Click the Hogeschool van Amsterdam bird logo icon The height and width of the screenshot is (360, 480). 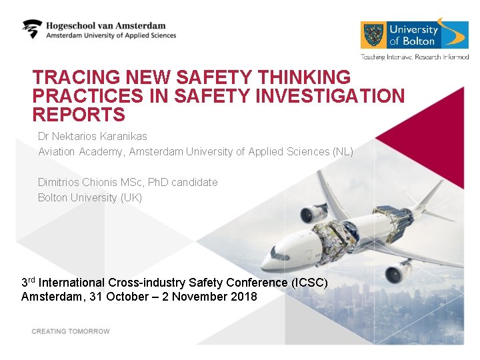click(x=32, y=29)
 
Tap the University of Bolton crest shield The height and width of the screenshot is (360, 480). click(x=373, y=35)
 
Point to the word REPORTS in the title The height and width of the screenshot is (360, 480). click(x=79, y=115)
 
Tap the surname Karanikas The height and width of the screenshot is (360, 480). click(x=125, y=136)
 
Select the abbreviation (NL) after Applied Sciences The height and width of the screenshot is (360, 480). click(x=342, y=152)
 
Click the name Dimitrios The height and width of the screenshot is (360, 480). click(x=59, y=182)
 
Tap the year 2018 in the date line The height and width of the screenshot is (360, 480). click(x=243, y=297)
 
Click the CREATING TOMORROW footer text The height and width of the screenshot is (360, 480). click(x=71, y=331)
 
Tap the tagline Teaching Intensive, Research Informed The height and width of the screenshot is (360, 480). click(x=415, y=57)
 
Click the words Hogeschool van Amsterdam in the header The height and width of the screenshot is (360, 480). click(x=105, y=25)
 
